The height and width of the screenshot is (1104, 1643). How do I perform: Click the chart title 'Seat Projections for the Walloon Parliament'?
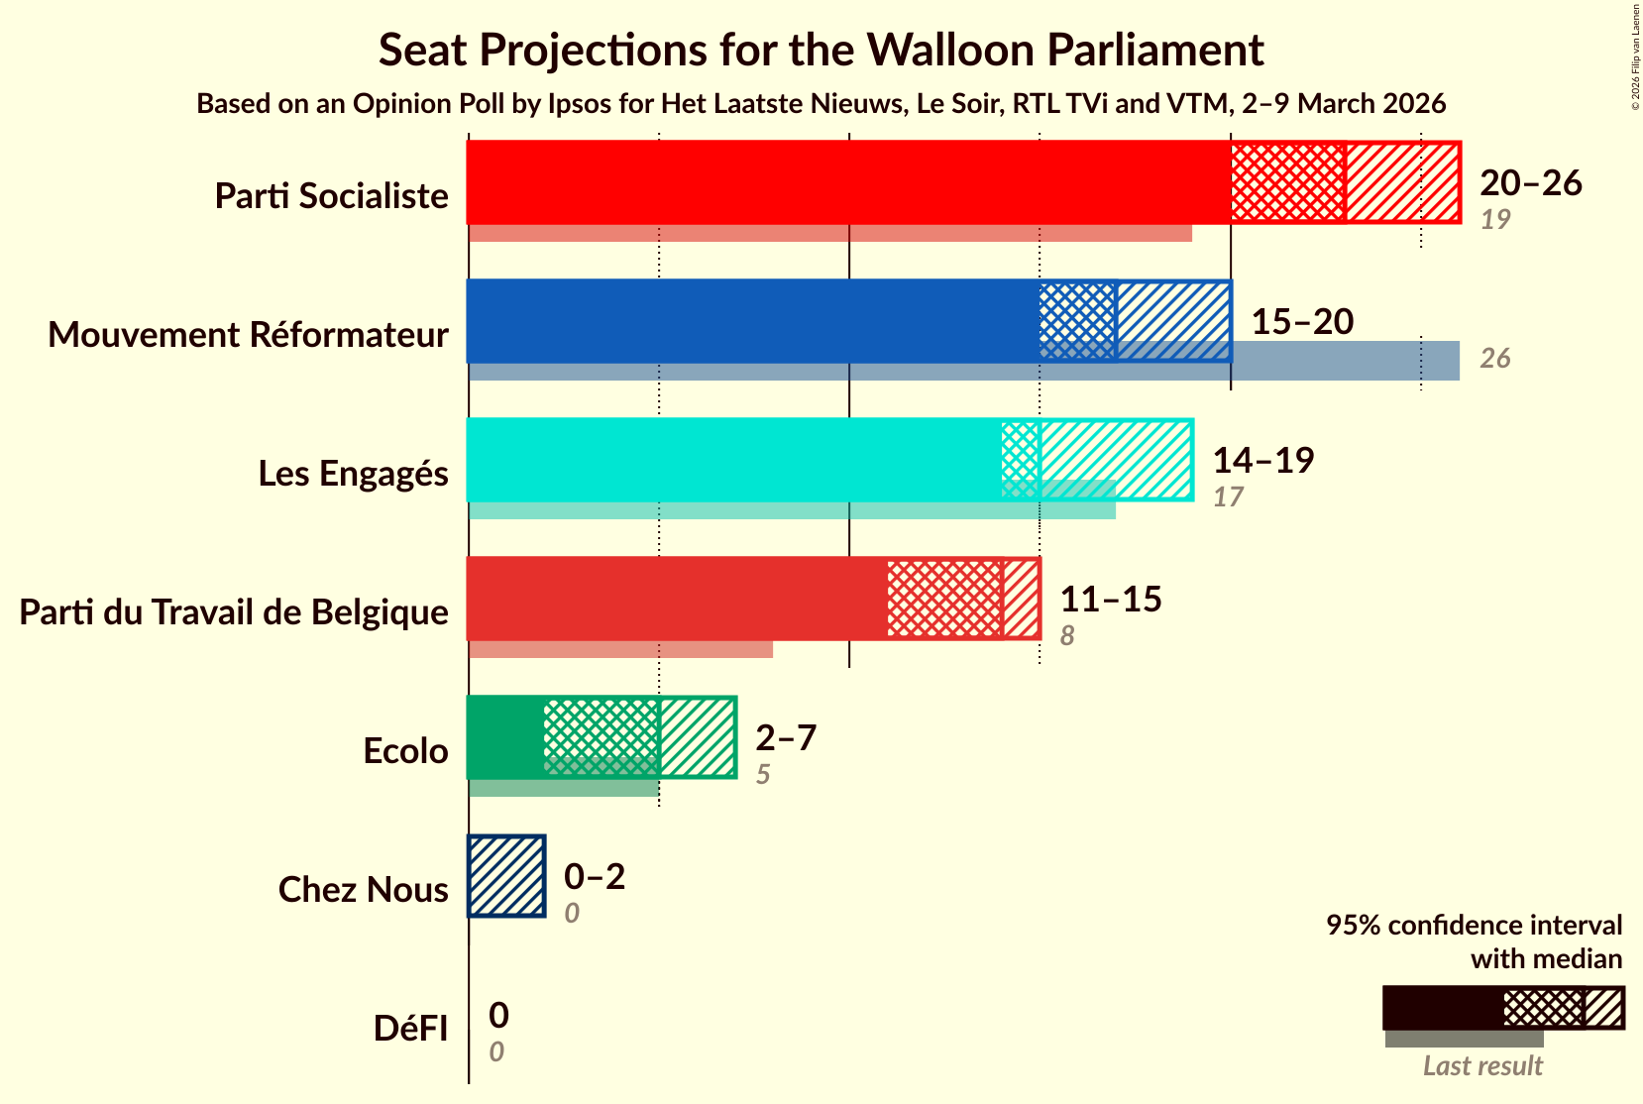821,50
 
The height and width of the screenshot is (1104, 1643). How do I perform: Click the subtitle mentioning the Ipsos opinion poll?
821,104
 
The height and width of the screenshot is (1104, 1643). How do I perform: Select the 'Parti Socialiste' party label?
331,196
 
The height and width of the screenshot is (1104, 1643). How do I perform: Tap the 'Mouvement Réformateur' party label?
248,335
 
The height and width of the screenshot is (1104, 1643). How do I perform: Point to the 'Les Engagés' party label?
353,474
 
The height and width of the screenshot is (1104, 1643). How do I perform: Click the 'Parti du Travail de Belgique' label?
234,612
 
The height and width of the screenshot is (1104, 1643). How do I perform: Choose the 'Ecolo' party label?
405,751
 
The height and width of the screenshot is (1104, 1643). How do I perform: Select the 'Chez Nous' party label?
363,890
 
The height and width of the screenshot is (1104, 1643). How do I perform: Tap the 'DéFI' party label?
410,1029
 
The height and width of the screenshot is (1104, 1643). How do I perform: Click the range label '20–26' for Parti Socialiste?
1530,182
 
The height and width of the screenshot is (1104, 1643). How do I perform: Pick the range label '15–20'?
1301,321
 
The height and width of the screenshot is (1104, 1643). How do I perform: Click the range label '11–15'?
1110,599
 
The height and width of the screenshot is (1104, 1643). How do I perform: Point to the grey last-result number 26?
1494,359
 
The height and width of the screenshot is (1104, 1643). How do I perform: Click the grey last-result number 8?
1066,636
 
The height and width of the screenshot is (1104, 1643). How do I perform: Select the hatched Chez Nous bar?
506,876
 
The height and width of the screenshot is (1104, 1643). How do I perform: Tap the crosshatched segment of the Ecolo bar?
602,737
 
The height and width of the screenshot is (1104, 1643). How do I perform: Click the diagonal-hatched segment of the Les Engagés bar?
1115,460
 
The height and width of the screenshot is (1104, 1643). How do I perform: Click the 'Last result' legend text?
1482,1066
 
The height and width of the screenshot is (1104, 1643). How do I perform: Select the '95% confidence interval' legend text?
1474,926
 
